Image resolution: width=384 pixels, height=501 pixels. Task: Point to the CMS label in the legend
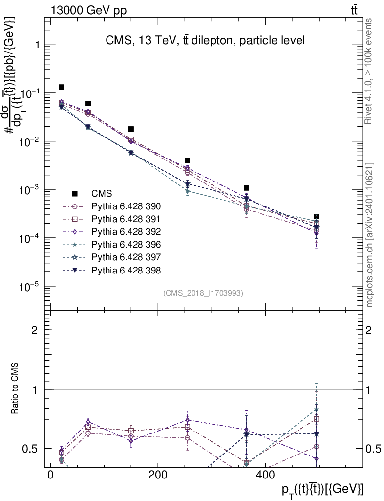102,193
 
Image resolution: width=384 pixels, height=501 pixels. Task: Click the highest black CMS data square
62,87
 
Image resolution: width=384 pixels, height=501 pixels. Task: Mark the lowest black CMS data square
317,216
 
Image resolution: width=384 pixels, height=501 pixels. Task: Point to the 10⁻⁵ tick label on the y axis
29,286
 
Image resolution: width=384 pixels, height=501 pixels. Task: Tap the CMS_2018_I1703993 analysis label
203,293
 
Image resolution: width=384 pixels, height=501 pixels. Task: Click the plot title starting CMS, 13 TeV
205,41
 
